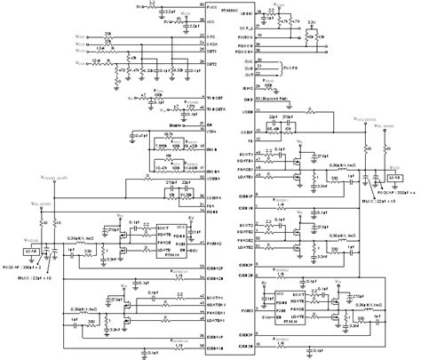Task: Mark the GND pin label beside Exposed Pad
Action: [x=247, y=102]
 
